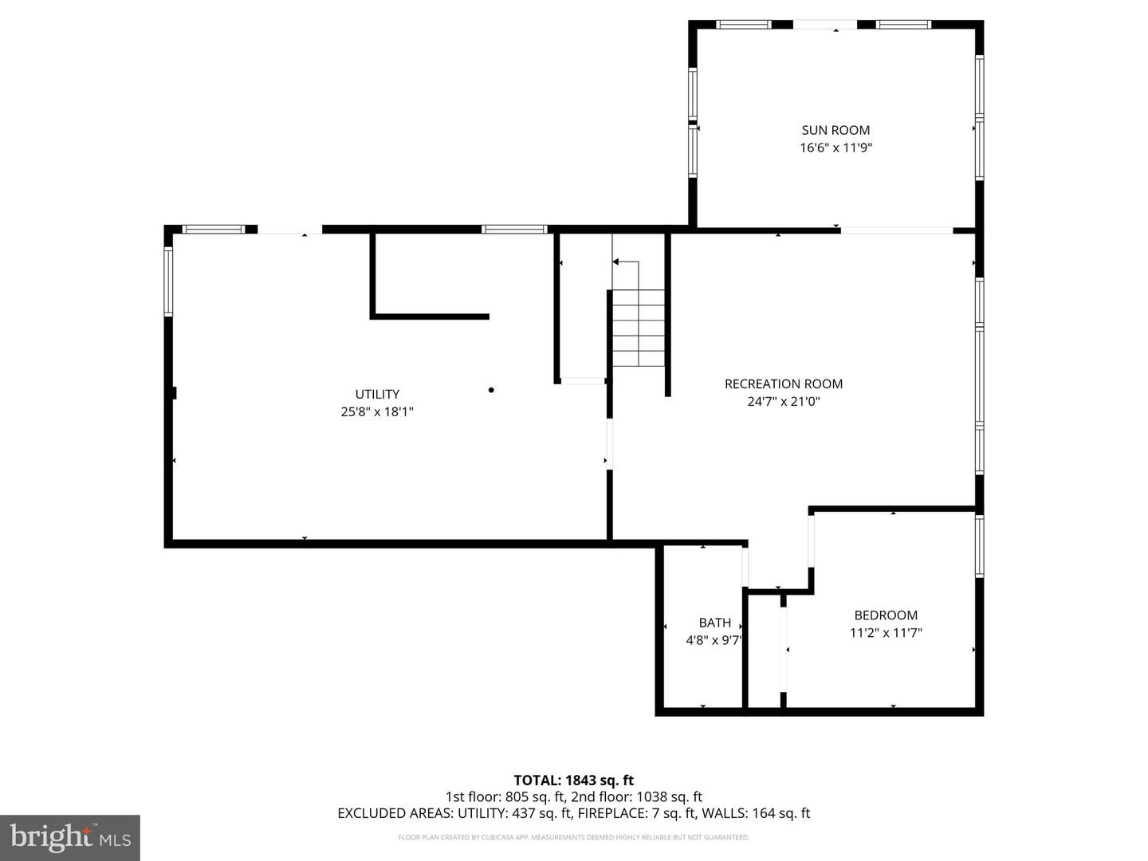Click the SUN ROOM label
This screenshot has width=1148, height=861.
click(835, 130)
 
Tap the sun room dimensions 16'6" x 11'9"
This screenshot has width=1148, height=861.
click(835, 147)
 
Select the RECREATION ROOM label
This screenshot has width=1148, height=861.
click(783, 383)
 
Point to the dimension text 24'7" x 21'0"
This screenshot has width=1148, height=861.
click(783, 402)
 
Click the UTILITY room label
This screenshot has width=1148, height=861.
click(377, 394)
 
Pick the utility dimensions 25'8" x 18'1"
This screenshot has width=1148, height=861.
click(377, 412)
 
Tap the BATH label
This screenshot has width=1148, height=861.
click(714, 623)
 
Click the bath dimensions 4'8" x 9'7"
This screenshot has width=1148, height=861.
click(714, 640)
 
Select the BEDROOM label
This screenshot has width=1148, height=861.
click(886, 615)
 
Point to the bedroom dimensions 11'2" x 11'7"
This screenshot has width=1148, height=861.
click(886, 633)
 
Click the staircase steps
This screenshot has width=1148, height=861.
click(638, 328)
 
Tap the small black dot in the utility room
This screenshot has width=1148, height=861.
click(491, 390)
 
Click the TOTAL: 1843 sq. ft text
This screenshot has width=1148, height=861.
click(573, 780)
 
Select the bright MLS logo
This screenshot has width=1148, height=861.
click(70, 837)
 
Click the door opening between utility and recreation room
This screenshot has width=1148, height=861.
click(610, 444)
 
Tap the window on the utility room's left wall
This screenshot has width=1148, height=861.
click(168, 281)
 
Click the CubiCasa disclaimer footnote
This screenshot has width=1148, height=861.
click(573, 837)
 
